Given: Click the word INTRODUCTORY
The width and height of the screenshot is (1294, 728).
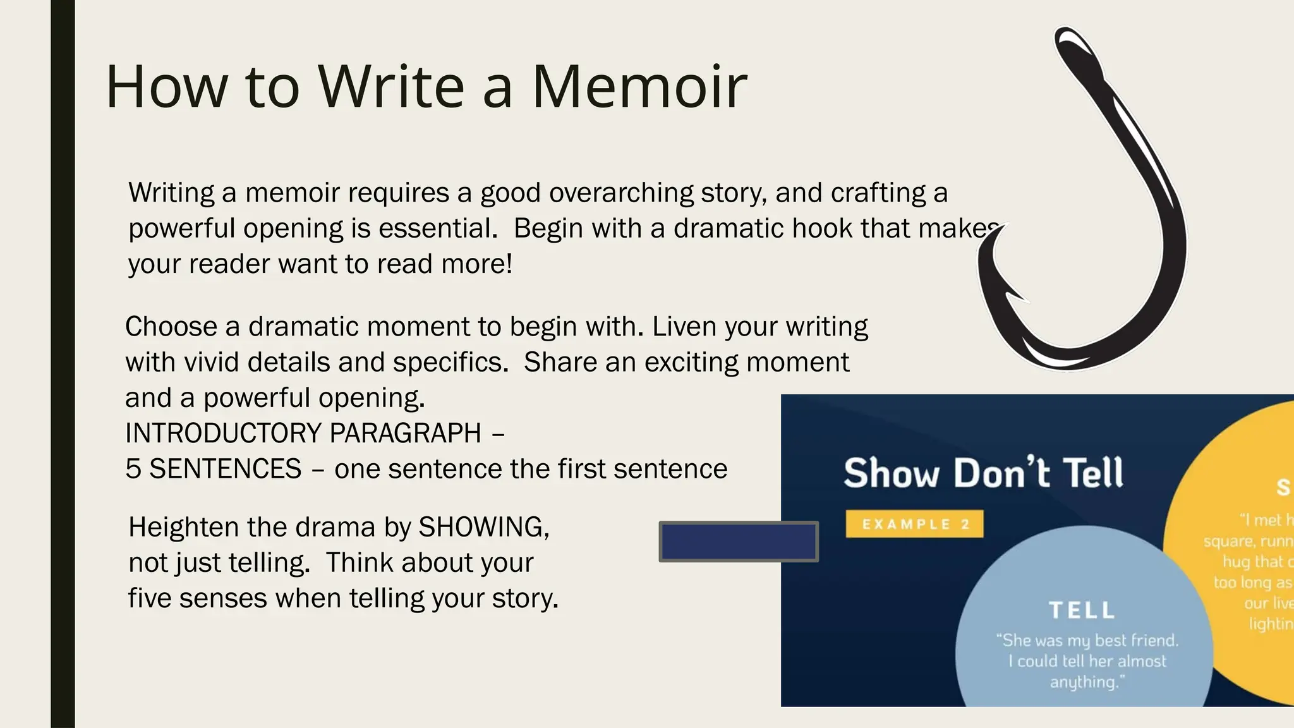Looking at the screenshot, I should pos(224,434).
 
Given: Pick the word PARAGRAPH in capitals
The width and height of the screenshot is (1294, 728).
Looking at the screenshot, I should pos(405,434).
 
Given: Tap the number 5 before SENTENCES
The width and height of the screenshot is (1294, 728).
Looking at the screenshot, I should pos(133,469).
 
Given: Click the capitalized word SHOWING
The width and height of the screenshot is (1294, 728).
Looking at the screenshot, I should pos(483,527).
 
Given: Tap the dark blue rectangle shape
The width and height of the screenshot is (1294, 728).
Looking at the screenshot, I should pos(738,542).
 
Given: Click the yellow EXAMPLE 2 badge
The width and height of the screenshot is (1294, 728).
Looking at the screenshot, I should pos(914,524).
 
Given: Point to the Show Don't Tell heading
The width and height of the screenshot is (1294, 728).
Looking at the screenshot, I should pos(983,473).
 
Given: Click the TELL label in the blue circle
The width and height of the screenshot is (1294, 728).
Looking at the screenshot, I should pos(1082,610).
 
